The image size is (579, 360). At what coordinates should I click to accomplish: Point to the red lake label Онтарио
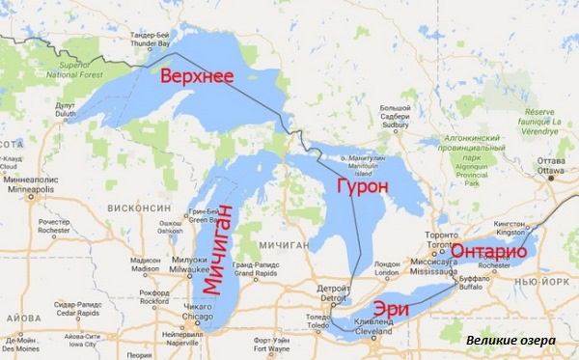click(x=486, y=250)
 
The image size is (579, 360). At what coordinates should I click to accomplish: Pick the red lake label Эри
click(x=395, y=307)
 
